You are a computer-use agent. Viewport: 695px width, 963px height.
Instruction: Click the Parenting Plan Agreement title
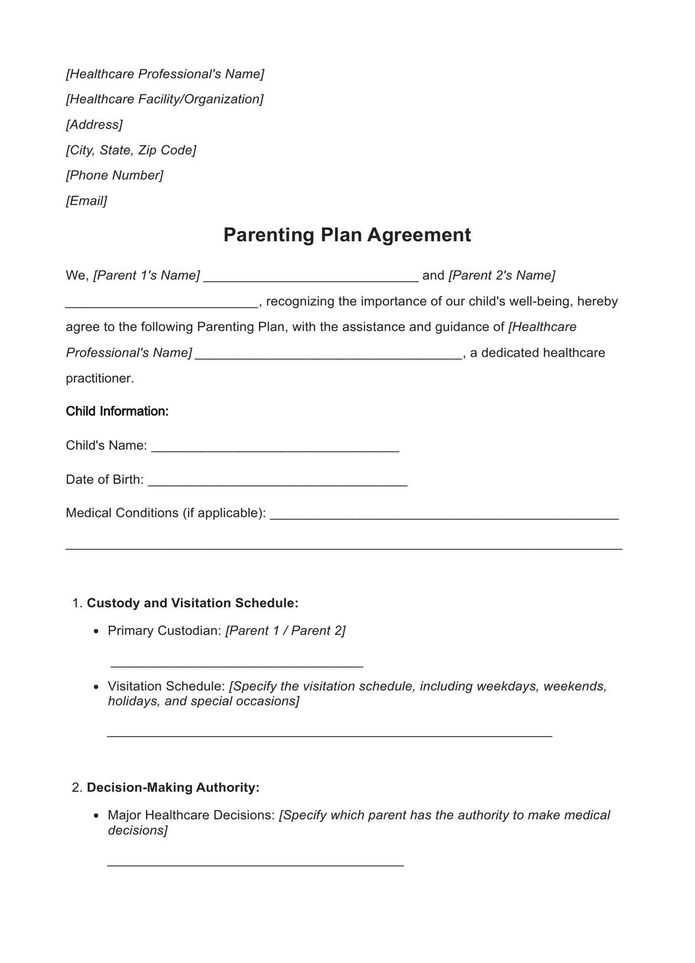click(347, 235)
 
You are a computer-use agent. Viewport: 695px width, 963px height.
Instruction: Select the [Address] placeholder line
click(95, 125)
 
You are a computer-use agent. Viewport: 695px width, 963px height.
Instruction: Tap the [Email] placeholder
click(86, 201)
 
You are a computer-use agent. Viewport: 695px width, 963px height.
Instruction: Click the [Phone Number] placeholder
click(115, 175)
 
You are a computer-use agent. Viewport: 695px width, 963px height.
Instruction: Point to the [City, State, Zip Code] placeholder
click(131, 150)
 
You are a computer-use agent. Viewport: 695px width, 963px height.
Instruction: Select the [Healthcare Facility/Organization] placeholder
click(164, 99)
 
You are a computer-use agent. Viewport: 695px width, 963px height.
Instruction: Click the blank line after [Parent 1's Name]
click(311, 278)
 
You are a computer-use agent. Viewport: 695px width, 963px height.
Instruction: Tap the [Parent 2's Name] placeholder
click(502, 275)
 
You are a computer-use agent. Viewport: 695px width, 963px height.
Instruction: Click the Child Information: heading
click(117, 411)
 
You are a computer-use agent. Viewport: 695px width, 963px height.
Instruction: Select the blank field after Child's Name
click(275, 448)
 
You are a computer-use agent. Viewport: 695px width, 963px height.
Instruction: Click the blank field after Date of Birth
click(278, 482)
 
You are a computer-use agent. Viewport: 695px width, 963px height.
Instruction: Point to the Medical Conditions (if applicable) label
click(165, 513)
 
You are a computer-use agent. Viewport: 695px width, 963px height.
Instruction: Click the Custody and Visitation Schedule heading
click(193, 603)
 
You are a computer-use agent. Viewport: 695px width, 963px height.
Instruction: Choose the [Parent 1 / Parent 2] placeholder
click(285, 630)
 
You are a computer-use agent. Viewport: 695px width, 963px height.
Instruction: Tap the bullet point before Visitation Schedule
click(96, 687)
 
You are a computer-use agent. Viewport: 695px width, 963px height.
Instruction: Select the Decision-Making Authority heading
click(173, 788)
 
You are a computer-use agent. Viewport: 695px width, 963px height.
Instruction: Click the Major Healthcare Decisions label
click(191, 815)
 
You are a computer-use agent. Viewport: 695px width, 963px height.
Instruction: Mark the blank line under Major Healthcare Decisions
click(255, 864)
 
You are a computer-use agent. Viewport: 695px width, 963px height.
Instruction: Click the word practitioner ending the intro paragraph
click(99, 378)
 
